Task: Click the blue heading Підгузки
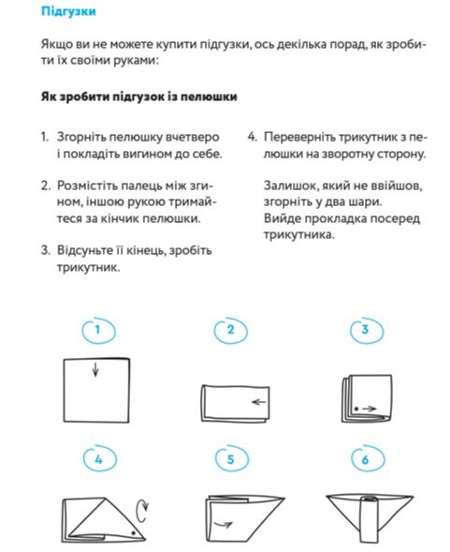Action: [68, 11]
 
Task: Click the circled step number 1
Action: [97, 330]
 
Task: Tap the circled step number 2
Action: [230, 330]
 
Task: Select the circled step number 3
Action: [365, 330]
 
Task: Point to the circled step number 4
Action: [98, 459]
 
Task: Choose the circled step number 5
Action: [231, 459]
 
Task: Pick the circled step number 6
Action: [366, 459]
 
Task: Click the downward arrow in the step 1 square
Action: [95, 369]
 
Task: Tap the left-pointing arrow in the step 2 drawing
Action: [259, 402]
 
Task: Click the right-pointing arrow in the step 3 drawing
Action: [370, 409]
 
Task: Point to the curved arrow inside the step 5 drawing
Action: [224, 525]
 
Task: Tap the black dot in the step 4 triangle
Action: [133, 533]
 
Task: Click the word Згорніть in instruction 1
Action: [80, 137]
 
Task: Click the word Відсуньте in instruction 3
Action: [83, 250]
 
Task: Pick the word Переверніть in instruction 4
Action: [300, 137]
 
